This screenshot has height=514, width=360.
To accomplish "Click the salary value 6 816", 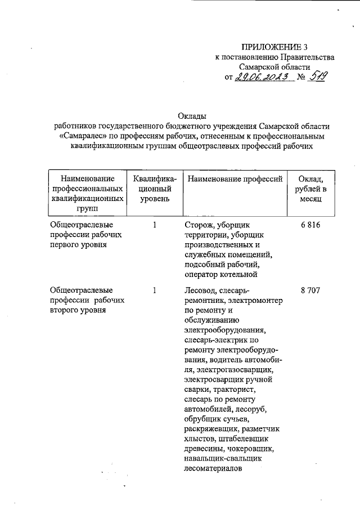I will pyautogui.click(x=310, y=225).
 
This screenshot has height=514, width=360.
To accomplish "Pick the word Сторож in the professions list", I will pyautogui.click(x=197, y=225).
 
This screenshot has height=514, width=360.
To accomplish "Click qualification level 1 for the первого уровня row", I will pyautogui.click(x=154, y=225).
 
